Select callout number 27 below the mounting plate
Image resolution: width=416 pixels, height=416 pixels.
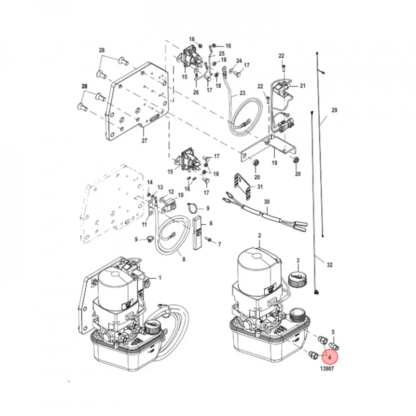point(144,140)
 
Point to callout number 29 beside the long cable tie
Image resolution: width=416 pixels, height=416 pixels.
point(334,110)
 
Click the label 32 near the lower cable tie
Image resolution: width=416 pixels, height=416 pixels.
point(329,265)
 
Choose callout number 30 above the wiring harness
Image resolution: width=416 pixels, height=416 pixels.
point(267,201)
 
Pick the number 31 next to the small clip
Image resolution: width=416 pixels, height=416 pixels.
point(260,187)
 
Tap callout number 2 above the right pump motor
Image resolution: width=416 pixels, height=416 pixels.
point(259,236)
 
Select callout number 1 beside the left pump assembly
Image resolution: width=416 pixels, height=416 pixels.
point(160,277)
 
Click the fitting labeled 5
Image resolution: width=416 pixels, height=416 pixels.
point(335,346)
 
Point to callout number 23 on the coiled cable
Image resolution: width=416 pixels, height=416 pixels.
point(242,93)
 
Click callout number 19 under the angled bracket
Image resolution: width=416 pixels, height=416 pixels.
point(274,162)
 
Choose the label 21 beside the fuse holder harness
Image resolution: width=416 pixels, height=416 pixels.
point(303,86)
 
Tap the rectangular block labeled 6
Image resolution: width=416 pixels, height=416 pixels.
point(198,232)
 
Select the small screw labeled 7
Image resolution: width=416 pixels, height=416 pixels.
point(209,239)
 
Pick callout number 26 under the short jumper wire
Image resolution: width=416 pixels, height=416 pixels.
point(196,93)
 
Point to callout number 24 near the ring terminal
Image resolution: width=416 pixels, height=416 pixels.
point(239,61)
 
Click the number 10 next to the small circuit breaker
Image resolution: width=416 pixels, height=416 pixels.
point(181,195)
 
